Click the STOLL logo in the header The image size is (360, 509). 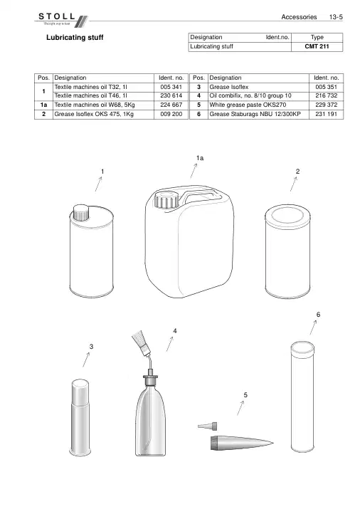pos(63,19)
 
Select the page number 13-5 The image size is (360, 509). pos(336,17)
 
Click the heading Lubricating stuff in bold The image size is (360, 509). pos(75,38)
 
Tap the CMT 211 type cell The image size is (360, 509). pos(317,46)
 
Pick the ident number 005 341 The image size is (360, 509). pos(171,87)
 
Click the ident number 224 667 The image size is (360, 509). pos(171,105)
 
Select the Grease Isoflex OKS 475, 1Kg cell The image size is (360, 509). pos(103,115)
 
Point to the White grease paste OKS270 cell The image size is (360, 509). pos(258,105)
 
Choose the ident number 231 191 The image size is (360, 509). pos(327,115)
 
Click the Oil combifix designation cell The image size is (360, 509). pos(258,96)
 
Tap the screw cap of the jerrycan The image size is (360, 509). pos(166,200)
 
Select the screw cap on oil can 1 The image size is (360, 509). pos(80,213)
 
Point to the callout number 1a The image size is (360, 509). pos(200,159)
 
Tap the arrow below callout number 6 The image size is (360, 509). pos(313,327)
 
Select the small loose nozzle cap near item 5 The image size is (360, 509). pos(207,426)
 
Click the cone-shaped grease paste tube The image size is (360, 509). pos(242,443)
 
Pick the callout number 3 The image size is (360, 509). pos(92,347)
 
